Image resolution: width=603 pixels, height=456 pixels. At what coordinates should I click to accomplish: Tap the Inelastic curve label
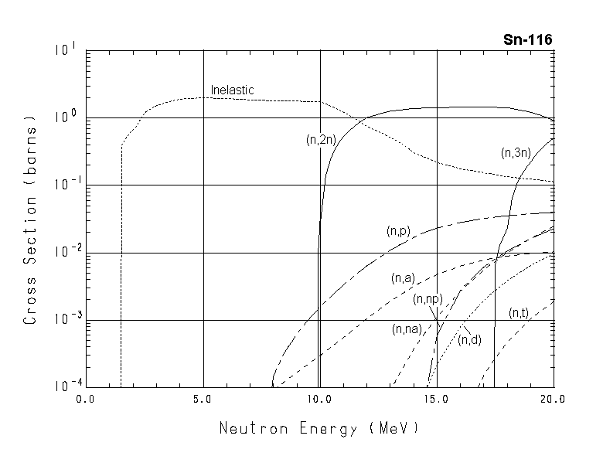(233, 90)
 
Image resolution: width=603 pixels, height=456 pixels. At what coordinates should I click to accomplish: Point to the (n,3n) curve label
(515, 153)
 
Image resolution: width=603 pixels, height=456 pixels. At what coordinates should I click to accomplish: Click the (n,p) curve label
(398, 230)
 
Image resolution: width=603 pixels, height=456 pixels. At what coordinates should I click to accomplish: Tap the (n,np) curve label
(427, 299)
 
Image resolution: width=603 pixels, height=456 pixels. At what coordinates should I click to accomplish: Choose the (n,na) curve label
(407, 328)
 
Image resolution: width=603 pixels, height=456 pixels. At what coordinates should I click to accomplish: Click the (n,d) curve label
(469, 339)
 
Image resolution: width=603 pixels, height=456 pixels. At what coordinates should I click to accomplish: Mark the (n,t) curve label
(519, 313)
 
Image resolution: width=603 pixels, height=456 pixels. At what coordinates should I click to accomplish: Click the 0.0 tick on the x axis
(85, 400)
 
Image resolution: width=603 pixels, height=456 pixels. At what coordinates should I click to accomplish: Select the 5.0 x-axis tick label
(203, 400)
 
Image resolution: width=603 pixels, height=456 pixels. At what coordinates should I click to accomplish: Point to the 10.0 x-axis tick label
(319, 400)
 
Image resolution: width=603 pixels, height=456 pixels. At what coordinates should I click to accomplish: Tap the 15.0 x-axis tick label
(437, 400)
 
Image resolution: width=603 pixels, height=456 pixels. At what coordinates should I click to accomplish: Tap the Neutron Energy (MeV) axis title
(319, 427)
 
